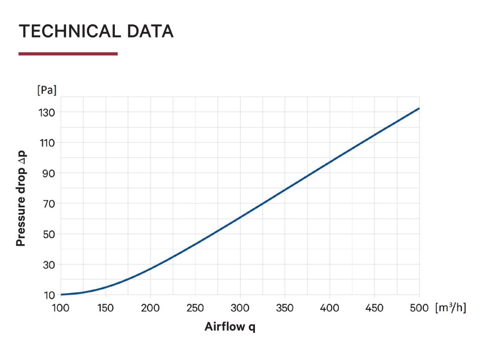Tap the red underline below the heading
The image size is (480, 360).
(x=68, y=54)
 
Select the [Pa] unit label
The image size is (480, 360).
(x=46, y=90)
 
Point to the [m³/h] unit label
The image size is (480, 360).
(x=450, y=308)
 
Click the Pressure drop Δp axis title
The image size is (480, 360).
(x=21, y=199)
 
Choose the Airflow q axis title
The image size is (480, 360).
(x=230, y=327)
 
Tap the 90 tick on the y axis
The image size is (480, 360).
(x=49, y=173)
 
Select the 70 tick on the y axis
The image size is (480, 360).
(x=49, y=204)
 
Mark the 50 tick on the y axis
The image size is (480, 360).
(x=49, y=234)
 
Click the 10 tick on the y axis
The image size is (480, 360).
(x=49, y=295)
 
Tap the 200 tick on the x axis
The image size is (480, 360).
(x=150, y=308)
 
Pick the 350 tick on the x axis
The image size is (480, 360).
(x=285, y=308)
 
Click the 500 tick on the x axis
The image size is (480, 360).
(x=419, y=308)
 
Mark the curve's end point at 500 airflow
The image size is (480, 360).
(x=419, y=108)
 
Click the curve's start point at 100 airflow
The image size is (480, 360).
(x=61, y=294)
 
